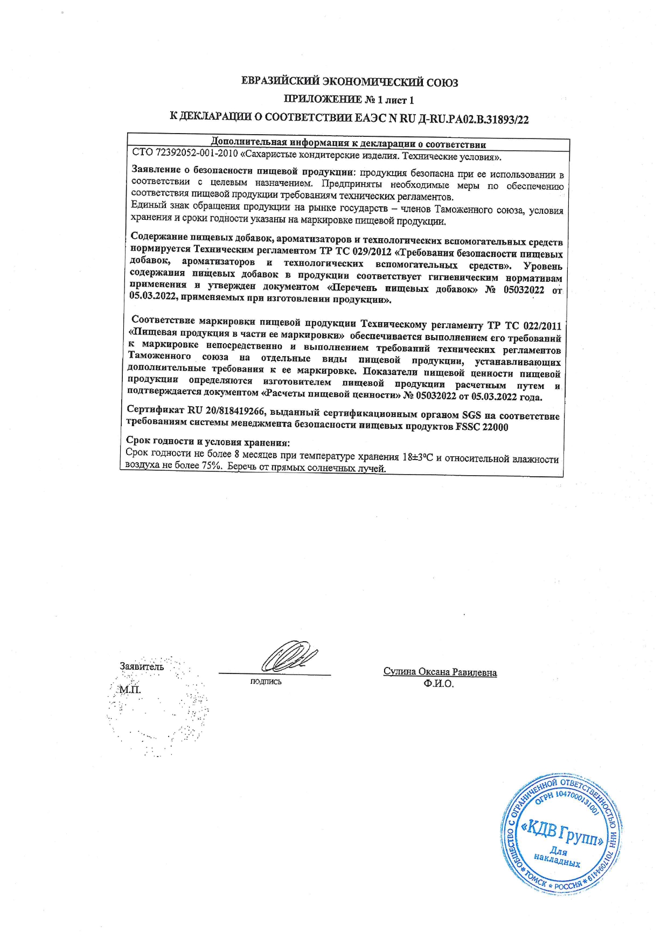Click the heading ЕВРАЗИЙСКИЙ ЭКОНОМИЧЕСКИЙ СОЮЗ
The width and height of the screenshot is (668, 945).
point(350,82)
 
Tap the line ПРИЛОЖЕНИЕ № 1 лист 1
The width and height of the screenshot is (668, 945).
point(349,100)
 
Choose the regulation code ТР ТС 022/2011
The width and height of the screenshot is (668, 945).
point(524,326)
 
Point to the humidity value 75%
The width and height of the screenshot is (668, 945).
point(212,466)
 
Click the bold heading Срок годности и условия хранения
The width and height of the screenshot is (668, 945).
point(207,442)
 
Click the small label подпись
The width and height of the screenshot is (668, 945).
point(266,682)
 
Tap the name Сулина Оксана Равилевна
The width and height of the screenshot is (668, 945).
point(440,672)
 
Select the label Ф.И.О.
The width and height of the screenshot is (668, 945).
point(439,684)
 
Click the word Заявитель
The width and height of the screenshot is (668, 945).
point(141,666)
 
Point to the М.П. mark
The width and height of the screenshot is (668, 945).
point(130,690)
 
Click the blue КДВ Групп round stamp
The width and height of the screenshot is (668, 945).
point(560,836)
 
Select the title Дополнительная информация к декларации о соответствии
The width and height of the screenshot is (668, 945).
point(348,144)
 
